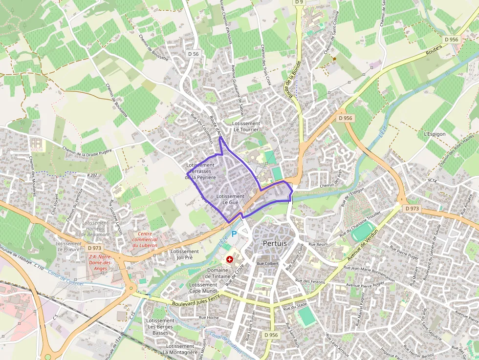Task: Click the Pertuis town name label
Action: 275,243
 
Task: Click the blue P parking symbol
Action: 234,234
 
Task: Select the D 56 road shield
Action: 193,54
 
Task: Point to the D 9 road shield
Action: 299,2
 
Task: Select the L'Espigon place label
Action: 433,133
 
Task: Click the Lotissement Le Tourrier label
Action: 246,127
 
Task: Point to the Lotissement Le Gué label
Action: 230,199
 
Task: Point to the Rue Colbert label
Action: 267,264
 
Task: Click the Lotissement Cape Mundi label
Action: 203,288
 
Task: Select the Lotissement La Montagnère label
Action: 180,349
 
